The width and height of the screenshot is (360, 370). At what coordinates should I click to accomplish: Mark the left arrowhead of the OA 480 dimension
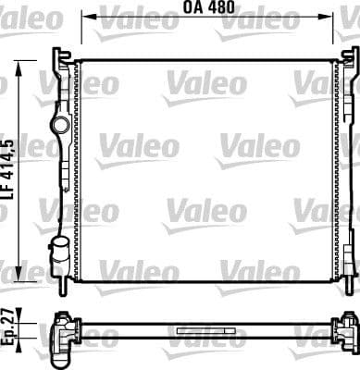pos(85,16)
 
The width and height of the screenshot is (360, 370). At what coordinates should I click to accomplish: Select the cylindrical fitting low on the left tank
pos(61,249)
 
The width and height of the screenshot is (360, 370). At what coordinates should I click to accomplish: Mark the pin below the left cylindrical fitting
pos(61,277)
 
